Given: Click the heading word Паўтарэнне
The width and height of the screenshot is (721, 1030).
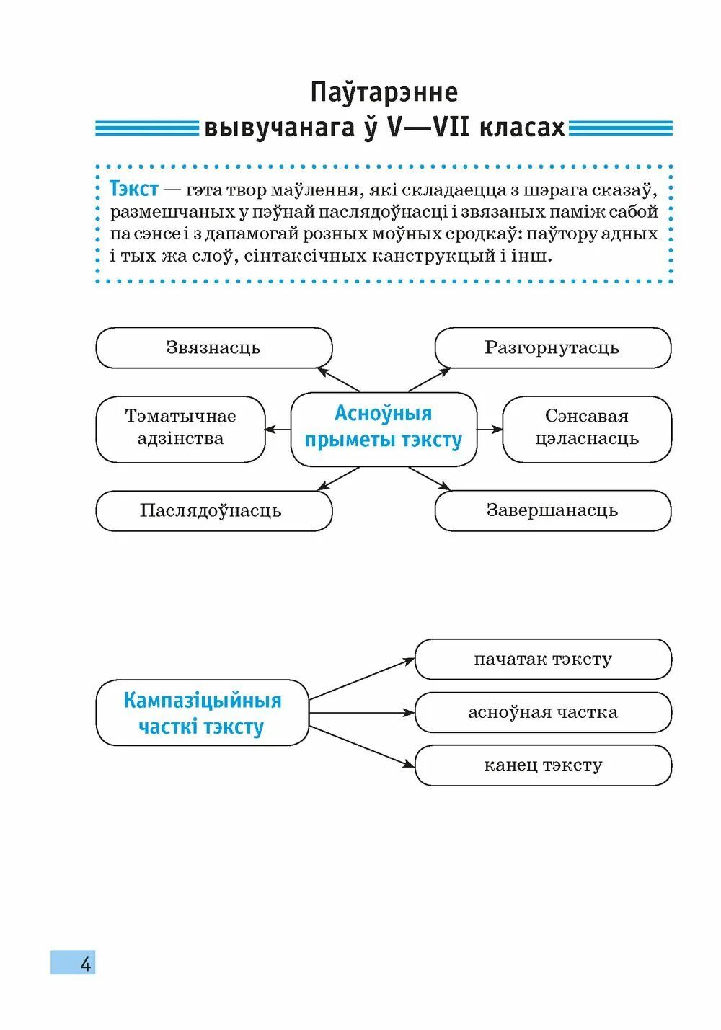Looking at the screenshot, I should click(x=384, y=92).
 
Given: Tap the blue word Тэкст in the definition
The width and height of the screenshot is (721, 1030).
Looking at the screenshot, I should click(x=133, y=189).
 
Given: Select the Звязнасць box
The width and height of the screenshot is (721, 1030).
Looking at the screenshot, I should click(x=213, y=347).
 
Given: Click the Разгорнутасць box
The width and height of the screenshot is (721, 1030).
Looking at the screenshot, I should click(x=552, y=347).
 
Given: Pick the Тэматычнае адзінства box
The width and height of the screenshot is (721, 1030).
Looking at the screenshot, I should click(x=180, y=428).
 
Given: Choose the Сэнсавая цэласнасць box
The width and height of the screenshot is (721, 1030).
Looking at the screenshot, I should click(x=587, y=428).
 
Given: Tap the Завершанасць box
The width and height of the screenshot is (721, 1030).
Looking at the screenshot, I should click(x=552, y=510).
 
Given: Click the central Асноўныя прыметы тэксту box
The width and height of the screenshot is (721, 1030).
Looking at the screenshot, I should click(x=384, y=427).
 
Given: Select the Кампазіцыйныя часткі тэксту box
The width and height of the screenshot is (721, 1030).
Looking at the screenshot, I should click(x=202, y=712).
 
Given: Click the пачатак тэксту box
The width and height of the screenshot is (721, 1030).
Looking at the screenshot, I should click(x=543, y=659).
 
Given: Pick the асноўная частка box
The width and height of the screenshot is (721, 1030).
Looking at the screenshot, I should click(x=543, y=712).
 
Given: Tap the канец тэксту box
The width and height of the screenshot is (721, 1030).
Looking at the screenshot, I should click(x=543, y=765).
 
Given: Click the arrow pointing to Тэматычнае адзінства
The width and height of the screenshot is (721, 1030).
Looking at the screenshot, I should click(x=278, y=430).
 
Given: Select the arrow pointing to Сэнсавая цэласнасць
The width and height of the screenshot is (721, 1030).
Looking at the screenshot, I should click(x=490, y=430).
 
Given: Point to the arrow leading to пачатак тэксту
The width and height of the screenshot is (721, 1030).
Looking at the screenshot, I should click(x=360, y=678).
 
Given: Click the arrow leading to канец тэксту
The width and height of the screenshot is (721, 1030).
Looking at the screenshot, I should click(x=360, y=746).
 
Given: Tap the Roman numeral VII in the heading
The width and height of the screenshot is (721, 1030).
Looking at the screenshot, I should click(x=450, y=128).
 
